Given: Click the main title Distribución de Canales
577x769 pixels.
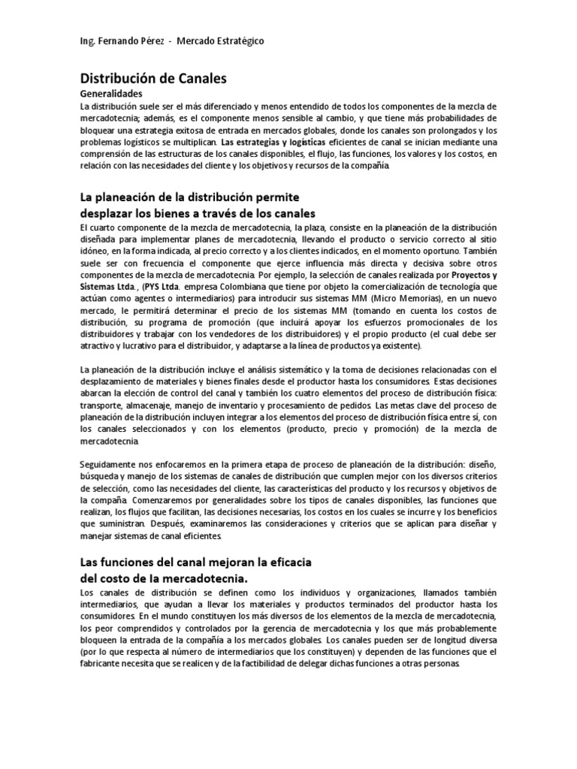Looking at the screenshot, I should tap(153, 77).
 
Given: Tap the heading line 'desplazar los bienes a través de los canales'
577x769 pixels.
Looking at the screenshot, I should tap(198, 213).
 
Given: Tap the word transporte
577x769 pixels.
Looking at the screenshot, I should tap(102, 406).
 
